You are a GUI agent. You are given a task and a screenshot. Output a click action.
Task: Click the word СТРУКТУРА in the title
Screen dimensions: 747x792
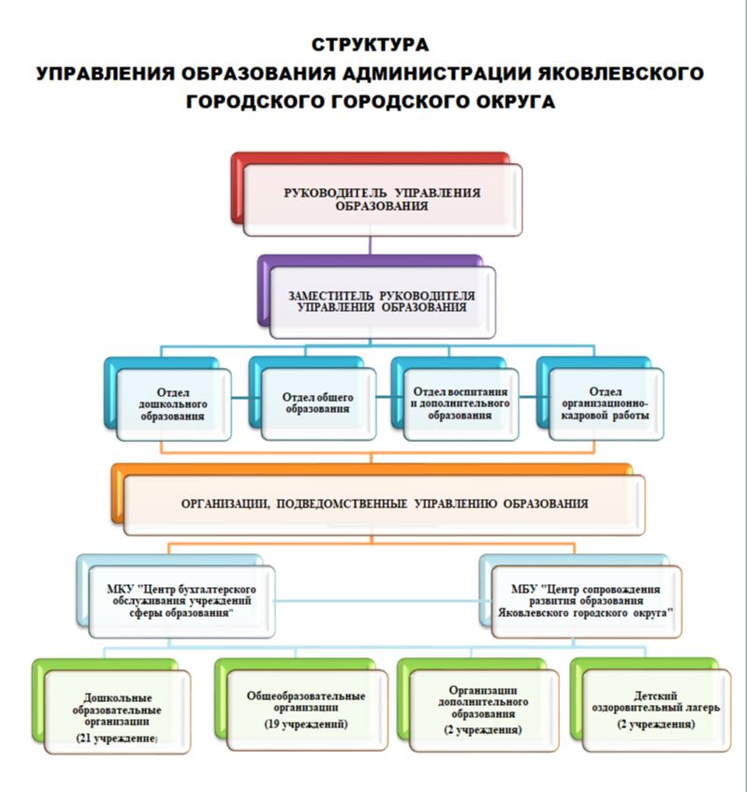click(x=370, y=44)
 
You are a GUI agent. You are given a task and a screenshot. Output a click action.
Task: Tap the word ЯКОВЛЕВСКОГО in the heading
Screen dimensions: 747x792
click(x=621, y=73)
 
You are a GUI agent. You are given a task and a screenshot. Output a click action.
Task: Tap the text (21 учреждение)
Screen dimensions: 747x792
click(x=117, y=739)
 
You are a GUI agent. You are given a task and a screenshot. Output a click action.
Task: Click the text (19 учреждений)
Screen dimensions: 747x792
click(x=306, y=725)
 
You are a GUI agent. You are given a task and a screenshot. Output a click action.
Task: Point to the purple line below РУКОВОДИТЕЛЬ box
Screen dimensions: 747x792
click(x=370, y=245)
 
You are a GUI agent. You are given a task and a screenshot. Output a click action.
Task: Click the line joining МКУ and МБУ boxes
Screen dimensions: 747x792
click(x=377, y=601)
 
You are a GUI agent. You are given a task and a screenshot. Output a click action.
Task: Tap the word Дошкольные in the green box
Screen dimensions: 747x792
click(x=118, y=698)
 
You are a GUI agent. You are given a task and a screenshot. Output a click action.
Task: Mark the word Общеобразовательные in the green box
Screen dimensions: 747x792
click(x=306, y=696)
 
